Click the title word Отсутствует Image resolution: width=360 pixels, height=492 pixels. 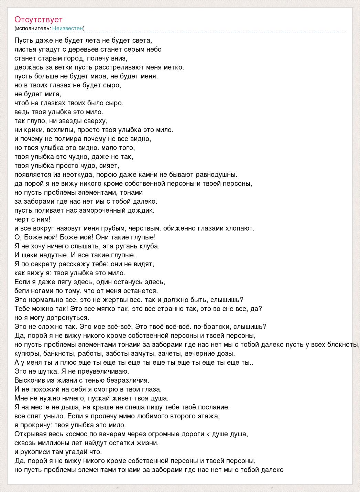coord(39,19)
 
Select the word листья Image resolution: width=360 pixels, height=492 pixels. coord(23,49)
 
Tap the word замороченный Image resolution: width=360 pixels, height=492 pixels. coord(104,210)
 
